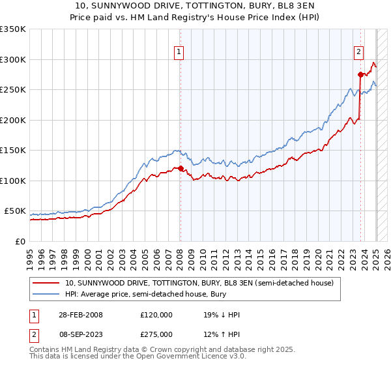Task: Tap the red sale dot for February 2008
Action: point(181,169)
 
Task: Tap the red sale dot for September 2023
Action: point(360,74)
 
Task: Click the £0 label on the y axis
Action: point(20,241)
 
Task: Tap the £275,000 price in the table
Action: point(156,333)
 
